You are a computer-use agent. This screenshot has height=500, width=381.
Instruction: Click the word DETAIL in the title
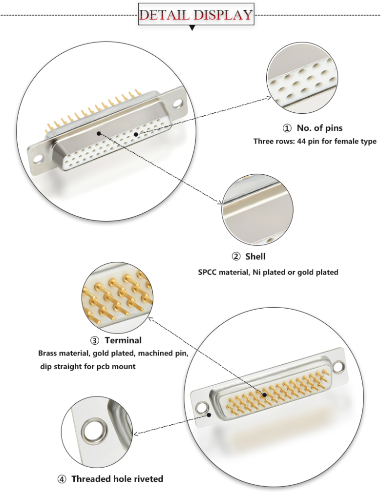(x=165, y=14)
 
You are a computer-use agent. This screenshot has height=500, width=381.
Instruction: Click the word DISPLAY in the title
(x=223, y=14)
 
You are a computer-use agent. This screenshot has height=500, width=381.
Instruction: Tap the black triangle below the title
(x=192, y=28)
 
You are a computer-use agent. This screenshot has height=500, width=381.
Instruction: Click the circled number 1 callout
(x=287, y=128)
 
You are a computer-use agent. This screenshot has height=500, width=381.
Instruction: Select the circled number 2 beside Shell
(x=236, y=257)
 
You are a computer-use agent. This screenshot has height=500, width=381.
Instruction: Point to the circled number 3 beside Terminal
(x=95, y=340)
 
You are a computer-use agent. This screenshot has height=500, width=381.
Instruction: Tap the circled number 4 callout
(x=62, y=479)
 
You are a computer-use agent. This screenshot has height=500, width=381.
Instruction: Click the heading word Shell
(x=255, y=256)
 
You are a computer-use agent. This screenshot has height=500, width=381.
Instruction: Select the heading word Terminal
(x=123, y=340)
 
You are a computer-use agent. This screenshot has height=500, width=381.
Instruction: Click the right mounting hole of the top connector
(x=177, y=104)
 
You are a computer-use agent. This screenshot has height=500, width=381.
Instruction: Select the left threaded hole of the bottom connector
(x=201, y=407)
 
